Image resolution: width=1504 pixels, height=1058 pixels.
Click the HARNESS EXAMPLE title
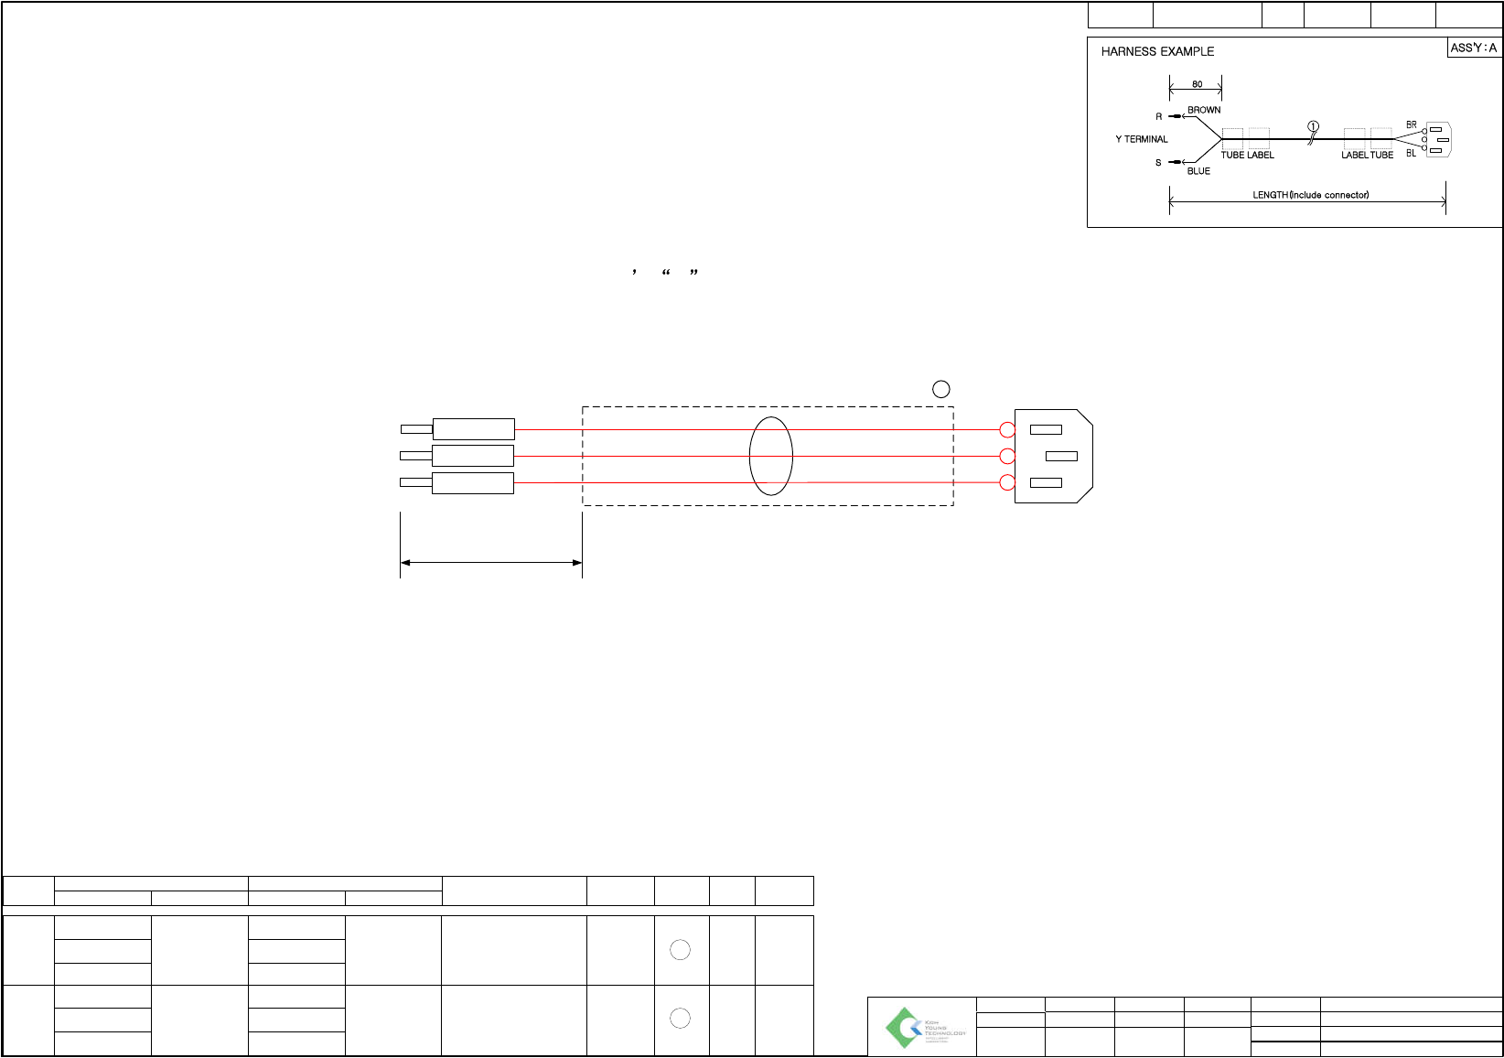[x=1157, y=51]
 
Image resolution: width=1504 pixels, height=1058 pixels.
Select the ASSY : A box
[x=1474, y=48]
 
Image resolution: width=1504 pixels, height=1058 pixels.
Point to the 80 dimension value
[x=1197, y=84]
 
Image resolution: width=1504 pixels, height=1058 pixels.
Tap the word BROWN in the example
[x=1204, y=110]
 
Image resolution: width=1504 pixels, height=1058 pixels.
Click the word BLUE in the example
[x=1198, y=171]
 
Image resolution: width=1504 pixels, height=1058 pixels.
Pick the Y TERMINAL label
[x=1142, y=139]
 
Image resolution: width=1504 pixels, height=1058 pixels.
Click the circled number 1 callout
[x=1313, y=126]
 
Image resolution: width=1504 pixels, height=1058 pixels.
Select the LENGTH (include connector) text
[x=1310, y=195]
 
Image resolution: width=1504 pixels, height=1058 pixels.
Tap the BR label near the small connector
[x=1412, y=124]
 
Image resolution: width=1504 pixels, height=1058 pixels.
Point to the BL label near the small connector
[x=1411, y=154]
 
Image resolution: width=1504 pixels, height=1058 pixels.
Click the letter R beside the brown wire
[x=1159, y=117]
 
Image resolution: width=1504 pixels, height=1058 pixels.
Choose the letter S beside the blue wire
[x=1158, y=163]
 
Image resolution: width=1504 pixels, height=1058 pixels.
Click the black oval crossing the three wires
[x=770, y=456]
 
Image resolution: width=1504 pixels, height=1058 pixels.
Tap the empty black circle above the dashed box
[x=940, y=389]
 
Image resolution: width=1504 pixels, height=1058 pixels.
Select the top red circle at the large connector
[x=1007, y=429]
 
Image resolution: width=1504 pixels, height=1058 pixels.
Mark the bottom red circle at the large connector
[x=1007, y=483]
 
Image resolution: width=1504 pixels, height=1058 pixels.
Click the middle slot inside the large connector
[x=1061, y=456]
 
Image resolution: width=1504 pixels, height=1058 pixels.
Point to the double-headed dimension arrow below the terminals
[x=491, y=562]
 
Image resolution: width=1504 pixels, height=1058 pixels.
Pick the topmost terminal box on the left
[x=473, y=428]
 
